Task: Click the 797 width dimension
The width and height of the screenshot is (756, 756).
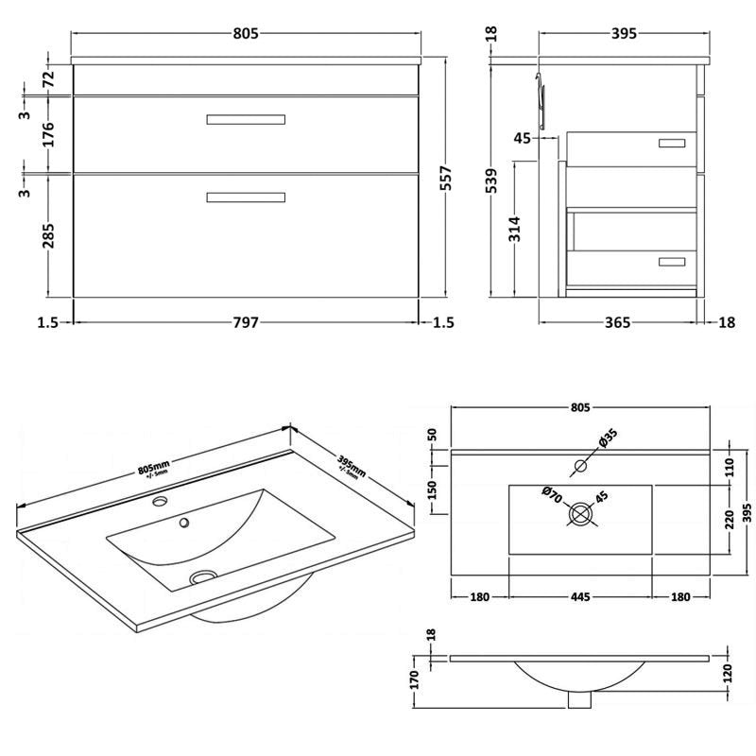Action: point(246,322)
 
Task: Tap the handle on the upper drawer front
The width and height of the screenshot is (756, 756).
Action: point(246,119)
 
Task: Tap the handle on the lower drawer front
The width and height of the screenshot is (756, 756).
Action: point(246,197)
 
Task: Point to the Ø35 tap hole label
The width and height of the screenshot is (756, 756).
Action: point(607,437)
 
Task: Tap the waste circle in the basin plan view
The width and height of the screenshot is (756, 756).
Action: point(580,514)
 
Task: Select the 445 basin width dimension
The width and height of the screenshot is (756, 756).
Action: point(580,596)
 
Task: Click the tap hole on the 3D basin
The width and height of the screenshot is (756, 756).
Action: point(160,502)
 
